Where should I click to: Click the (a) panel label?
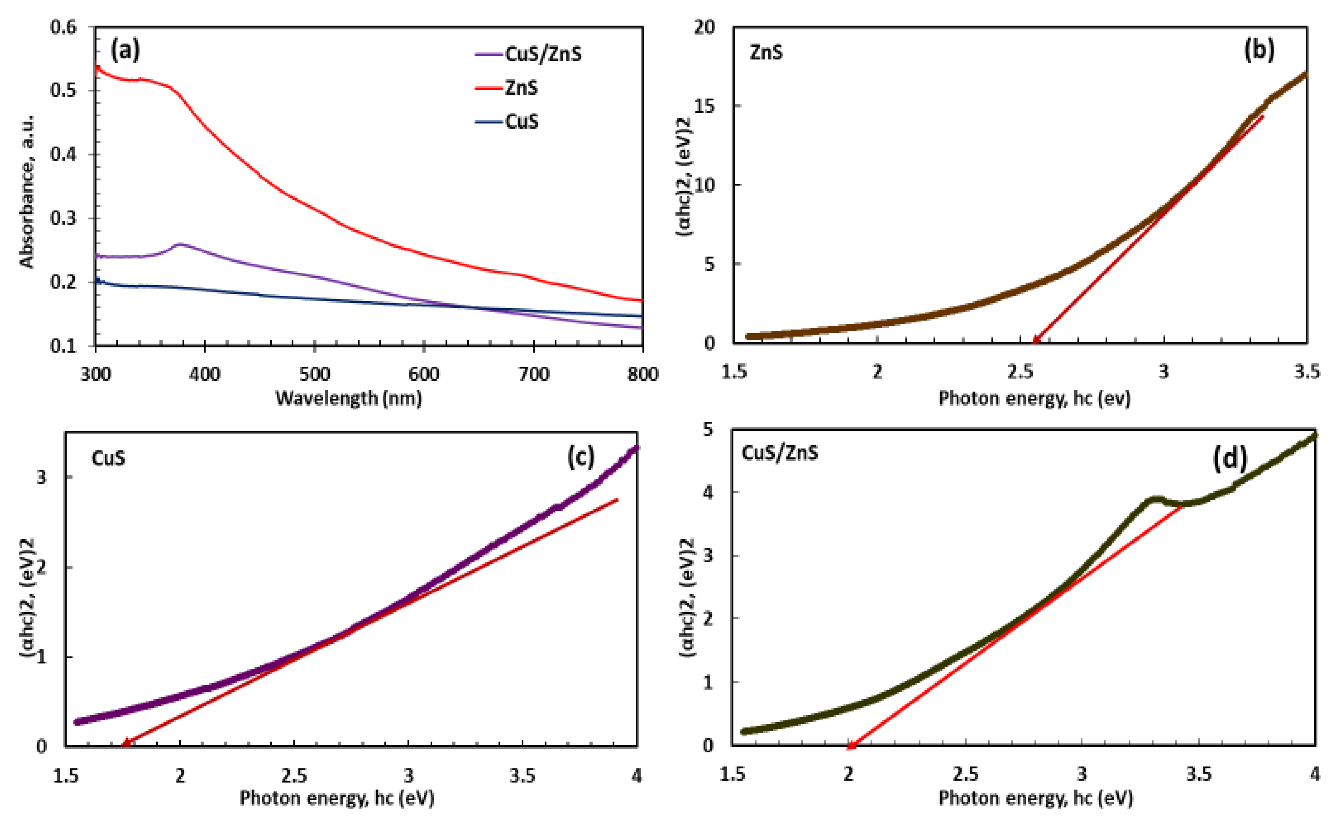point(125,50)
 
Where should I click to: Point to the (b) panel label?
point(1259,50)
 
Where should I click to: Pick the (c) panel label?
point(581,457)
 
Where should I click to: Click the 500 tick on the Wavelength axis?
point(315,374)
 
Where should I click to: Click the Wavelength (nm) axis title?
point(348,399)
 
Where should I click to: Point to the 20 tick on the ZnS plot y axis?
point(704,27)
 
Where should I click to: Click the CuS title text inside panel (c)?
point(108,458)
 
